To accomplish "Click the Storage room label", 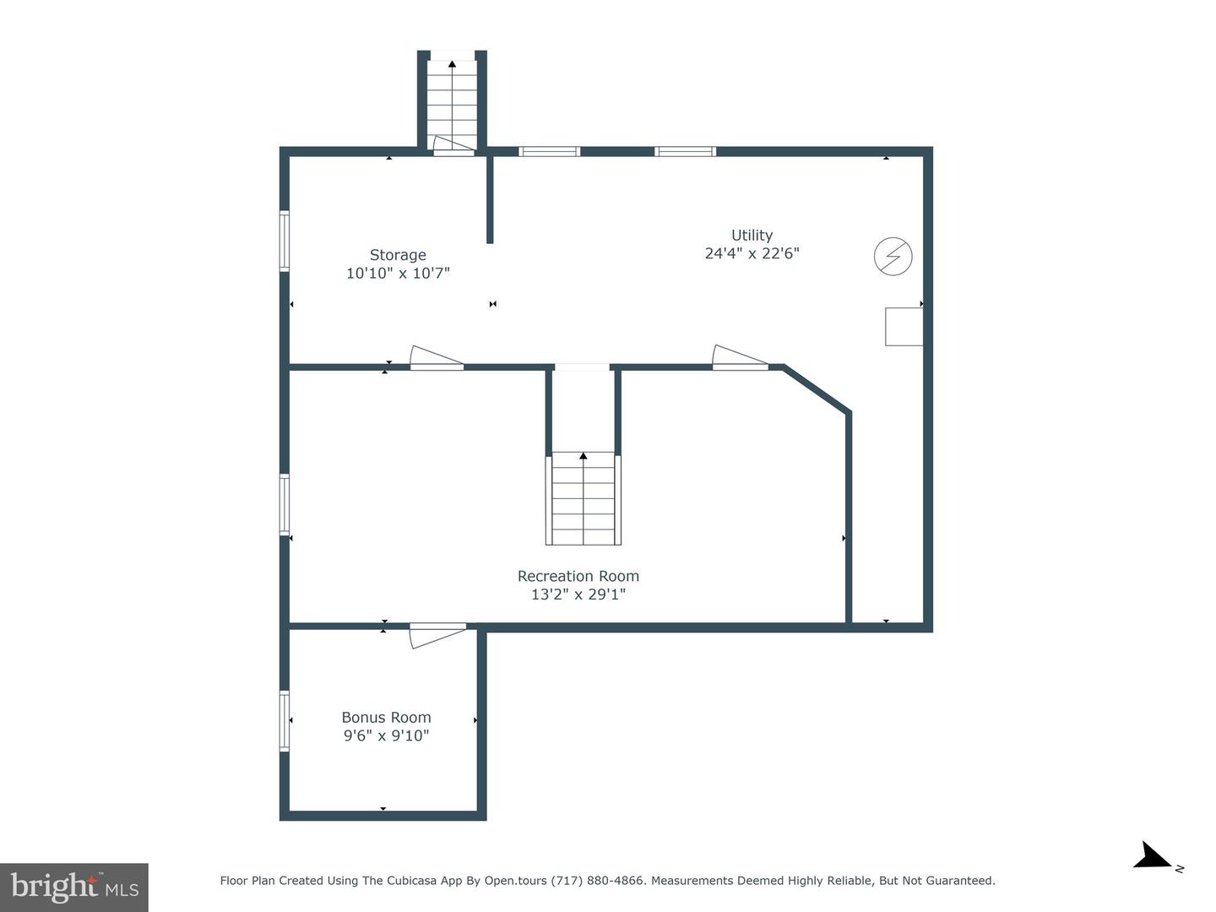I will pos(398,255).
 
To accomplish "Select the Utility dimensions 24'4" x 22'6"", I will pos(752,253).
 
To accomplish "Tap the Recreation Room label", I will pos(578,576).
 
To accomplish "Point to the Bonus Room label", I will pos(386,717).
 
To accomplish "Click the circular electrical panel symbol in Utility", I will pos(893,256).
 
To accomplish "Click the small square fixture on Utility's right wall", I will pos(904,327).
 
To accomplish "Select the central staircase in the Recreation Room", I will pos(583,498).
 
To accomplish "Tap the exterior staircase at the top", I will pos(452,101).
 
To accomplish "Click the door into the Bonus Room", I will pos(437,634).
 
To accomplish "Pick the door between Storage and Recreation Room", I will pos(437,359).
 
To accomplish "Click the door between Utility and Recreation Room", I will pos(740,359).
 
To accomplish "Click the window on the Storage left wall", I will pos(285,241).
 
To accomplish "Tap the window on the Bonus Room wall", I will pos(285,721).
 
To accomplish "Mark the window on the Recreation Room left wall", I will pos(285,504).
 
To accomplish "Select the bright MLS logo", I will pos(74,887).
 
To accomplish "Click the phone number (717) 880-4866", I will pos(599,881).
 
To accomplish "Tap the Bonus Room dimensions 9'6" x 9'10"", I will pos(386,736).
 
